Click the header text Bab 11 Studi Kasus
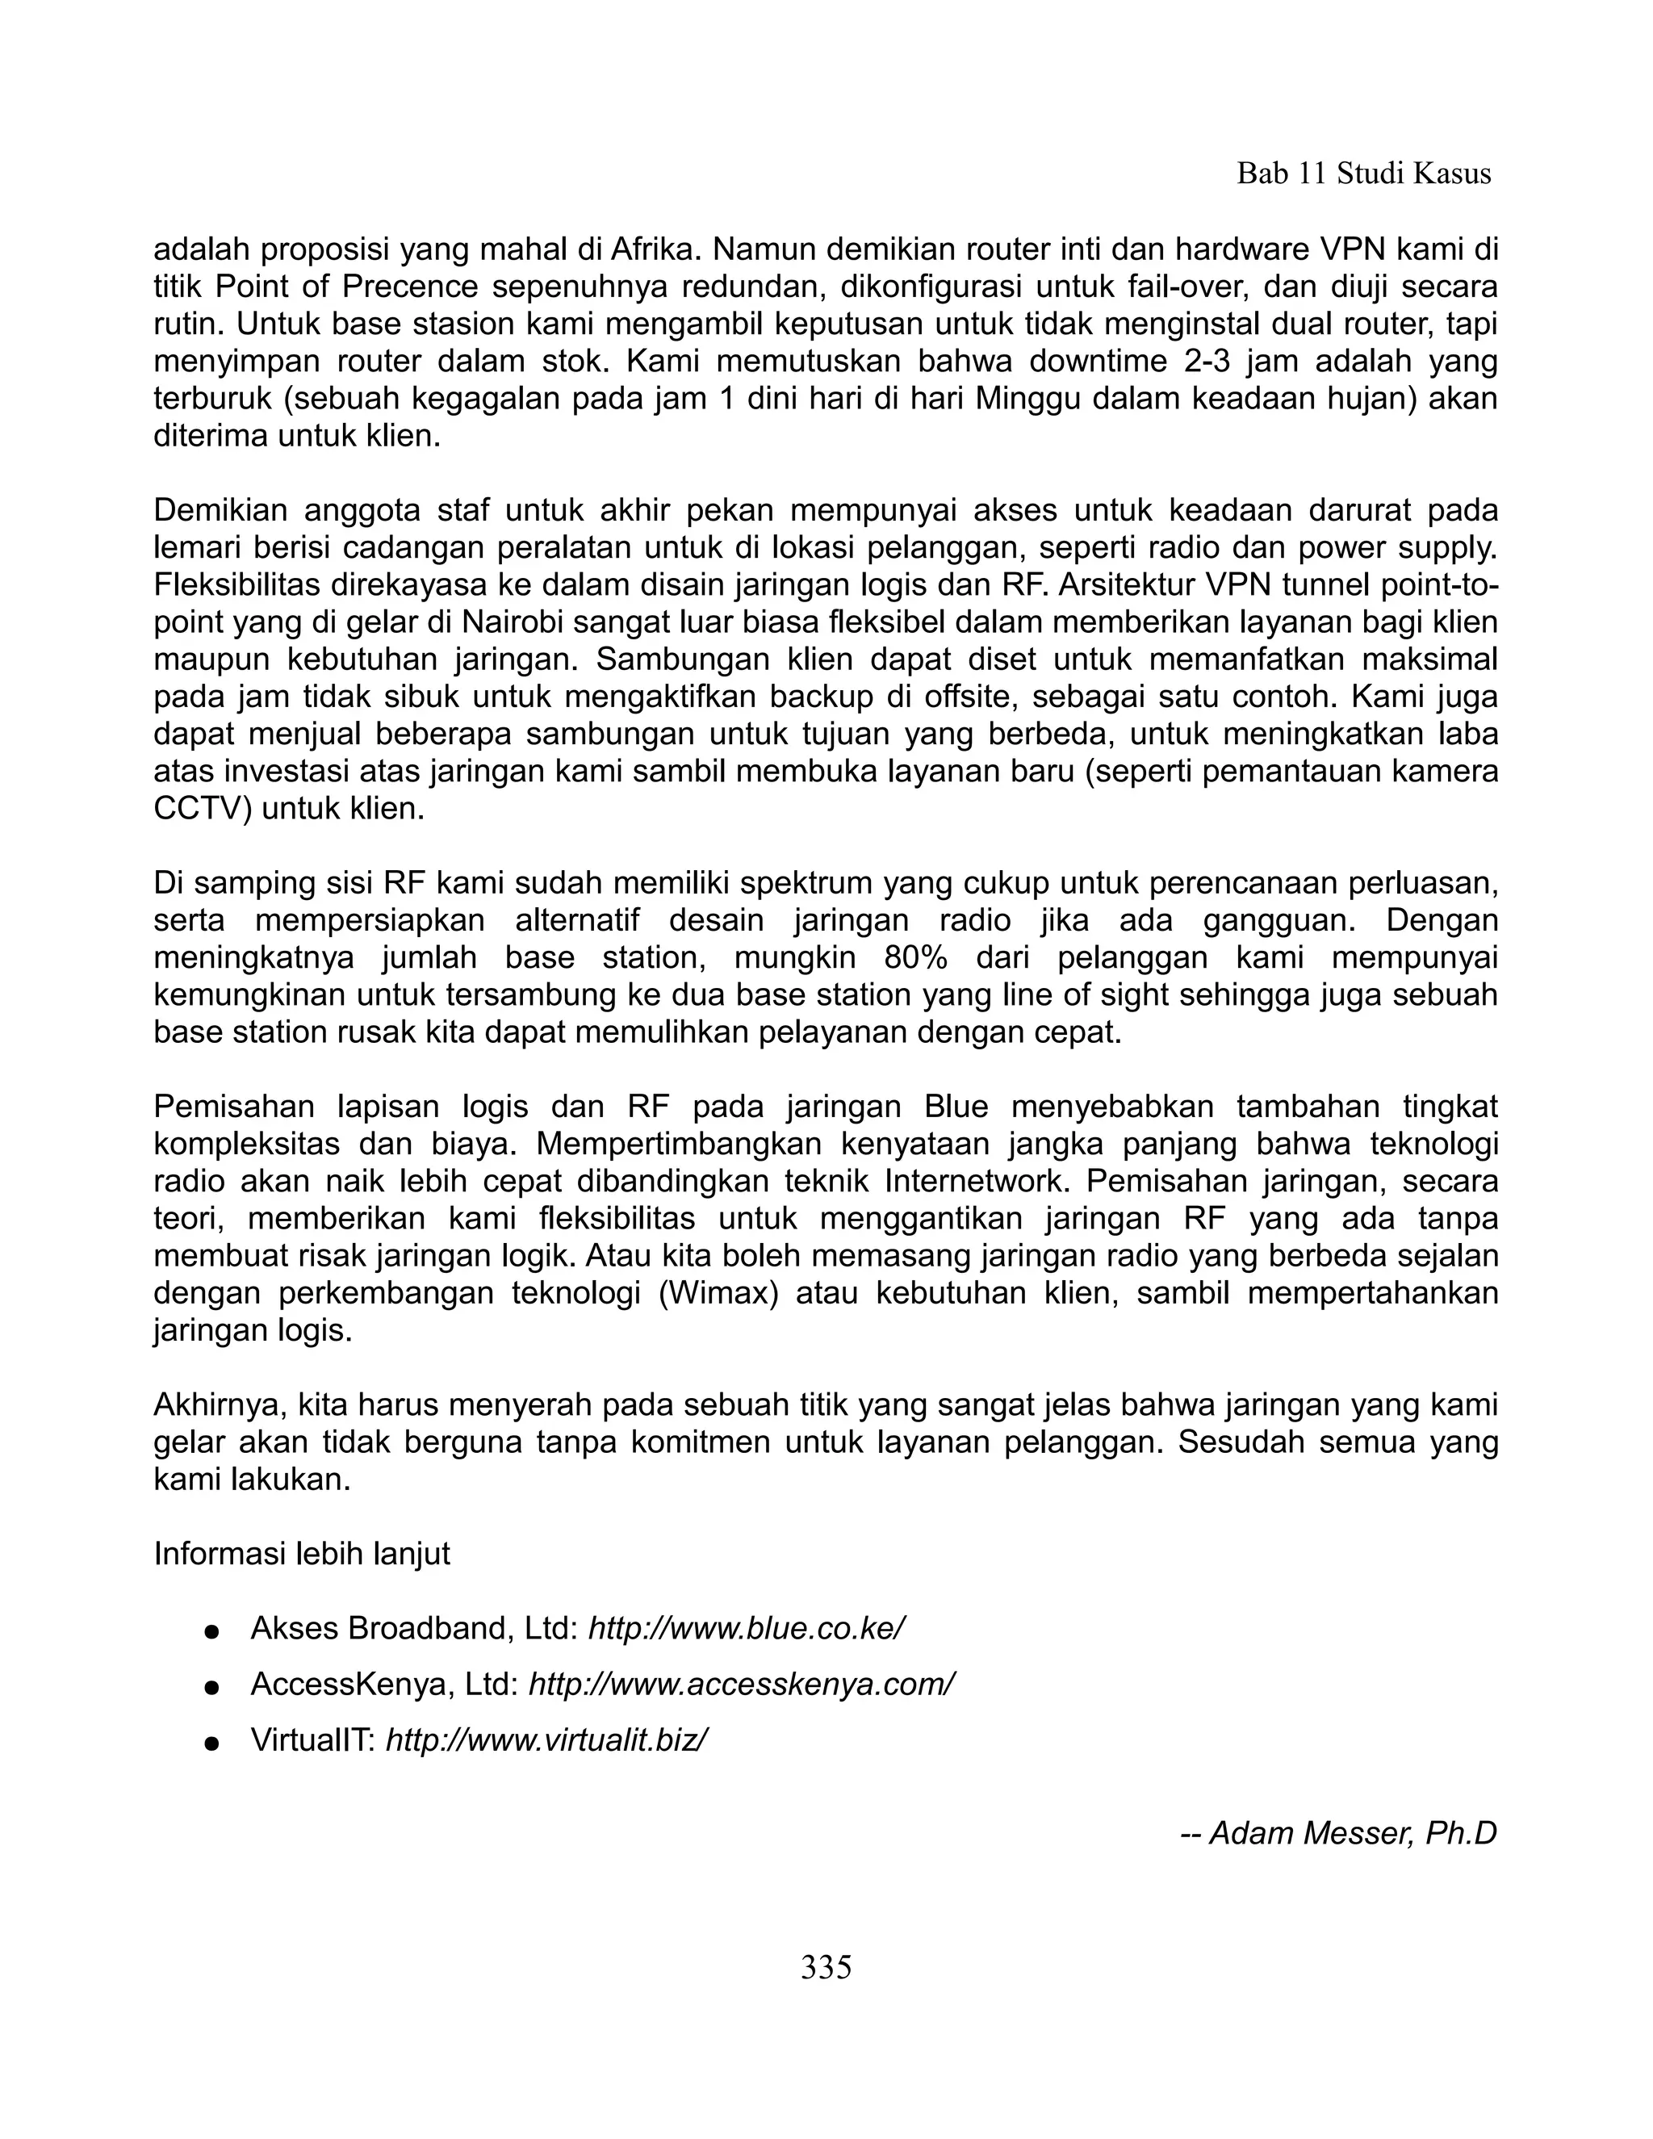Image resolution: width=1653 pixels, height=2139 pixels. (x=1363, y=174)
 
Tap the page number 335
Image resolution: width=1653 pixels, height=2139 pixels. (x=826, y=1966)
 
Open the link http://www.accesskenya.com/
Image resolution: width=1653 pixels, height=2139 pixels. (x=741, y=1684)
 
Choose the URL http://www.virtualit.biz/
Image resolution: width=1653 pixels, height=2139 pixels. (x=546, y=1740)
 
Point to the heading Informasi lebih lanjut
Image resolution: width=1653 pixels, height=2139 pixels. (x=302, y=1553)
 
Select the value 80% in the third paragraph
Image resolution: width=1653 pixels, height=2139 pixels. (x=915, y=956)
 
